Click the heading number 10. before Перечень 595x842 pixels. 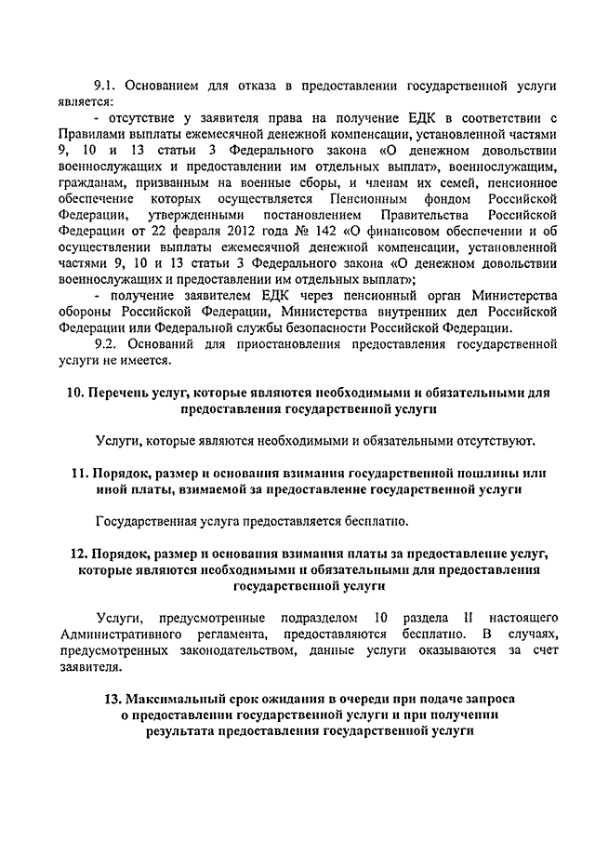click(x=78, y=392)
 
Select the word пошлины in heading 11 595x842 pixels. click(x=495, y=473)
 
